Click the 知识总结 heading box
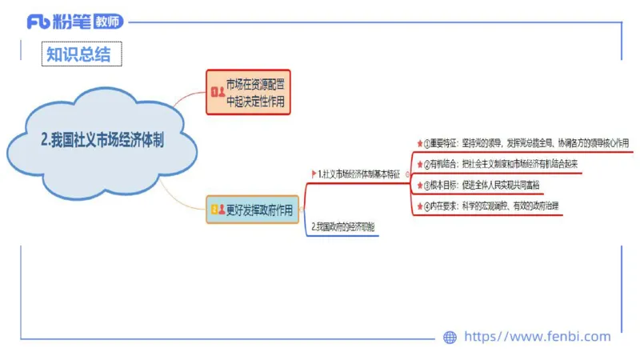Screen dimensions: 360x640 click(x=82, y=54)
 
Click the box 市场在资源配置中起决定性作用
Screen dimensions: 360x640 click(x=247, y=93)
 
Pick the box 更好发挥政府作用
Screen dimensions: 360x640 click(x=251, y=210)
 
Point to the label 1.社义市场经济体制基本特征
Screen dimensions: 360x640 click(x=358, y=174)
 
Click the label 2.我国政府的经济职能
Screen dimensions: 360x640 click(x=343, y=226)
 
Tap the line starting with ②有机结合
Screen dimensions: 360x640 click(x=500, y=164)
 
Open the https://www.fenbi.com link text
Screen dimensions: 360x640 click(x=537, y=337)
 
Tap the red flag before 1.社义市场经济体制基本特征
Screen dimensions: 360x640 click(x=314, y=174)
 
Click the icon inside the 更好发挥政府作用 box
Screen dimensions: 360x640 click(x=217, y=210)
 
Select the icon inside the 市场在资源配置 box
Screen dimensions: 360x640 click(x=217, y=93)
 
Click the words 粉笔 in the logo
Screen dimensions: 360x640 click(x=71, y=22)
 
